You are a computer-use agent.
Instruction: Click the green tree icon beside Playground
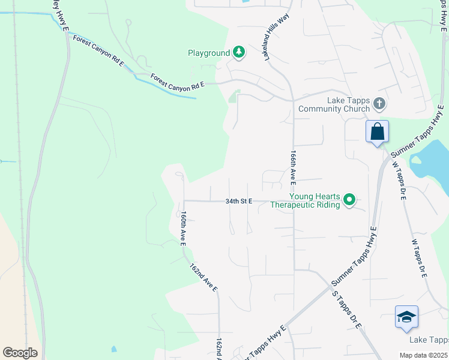click(x=239, y=53)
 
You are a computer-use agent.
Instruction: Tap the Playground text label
click(x=209, y=53)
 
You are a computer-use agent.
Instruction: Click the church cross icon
click(x=379, y=103)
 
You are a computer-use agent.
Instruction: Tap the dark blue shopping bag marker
click(x=377, y=131)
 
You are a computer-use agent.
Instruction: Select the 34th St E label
click(x=239, y=202)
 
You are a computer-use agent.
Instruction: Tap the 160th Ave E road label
click(x=183, y=229)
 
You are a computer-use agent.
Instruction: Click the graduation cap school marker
click(x=406, y=317)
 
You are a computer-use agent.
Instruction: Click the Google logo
click(x=20, y=353)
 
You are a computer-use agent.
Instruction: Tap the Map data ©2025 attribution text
click(x=423, y=355)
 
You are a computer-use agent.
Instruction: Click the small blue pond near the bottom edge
click(x=113, y=349)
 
